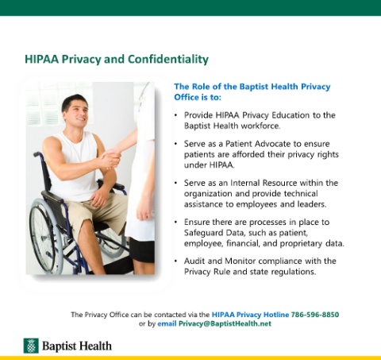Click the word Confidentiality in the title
click(x=168, y=60)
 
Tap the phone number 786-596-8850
click(x=315, y=315)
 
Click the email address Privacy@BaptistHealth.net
click(x=225, y=323)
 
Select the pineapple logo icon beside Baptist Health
click(x=31, y=346)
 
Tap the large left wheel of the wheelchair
click(x=45, y=237)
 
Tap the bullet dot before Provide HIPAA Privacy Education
click(x=175, y=115)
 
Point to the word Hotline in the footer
click(x=276, y=315)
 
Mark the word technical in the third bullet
click(x=301, y=194)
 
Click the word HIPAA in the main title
click(x=41, y=59)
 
